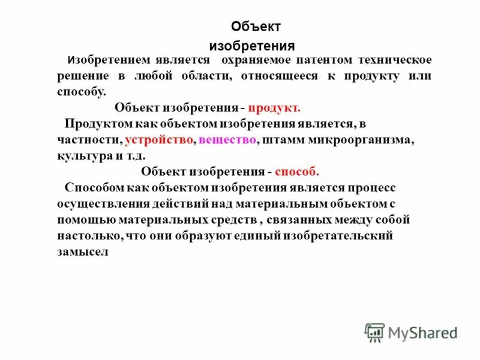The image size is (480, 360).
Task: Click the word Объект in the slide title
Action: [256, 27]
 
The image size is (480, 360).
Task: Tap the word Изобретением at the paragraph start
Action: [105, 61]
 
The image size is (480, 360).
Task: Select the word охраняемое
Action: [256, 61]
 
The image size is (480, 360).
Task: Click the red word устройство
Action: [160, 139]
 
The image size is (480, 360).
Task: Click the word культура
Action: [82, 155]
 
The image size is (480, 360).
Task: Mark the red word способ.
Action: [296, 170]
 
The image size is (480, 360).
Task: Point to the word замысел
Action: [83, 252]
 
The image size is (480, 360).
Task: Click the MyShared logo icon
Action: [374, 332]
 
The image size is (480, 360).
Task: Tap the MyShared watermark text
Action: [422, 332]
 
